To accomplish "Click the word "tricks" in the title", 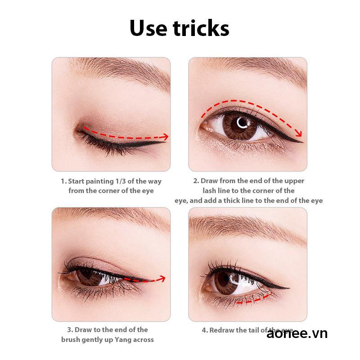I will coord(198,28).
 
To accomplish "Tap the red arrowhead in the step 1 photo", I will coord(165,136).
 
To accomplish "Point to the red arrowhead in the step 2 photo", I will coord(299,133).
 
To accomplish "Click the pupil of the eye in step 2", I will coord(243,122).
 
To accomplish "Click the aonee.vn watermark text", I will coord(297,333).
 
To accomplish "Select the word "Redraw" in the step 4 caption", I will coord(223,330).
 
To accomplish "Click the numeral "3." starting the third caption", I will coord(70,330).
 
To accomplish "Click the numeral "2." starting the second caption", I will coord(196,181).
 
